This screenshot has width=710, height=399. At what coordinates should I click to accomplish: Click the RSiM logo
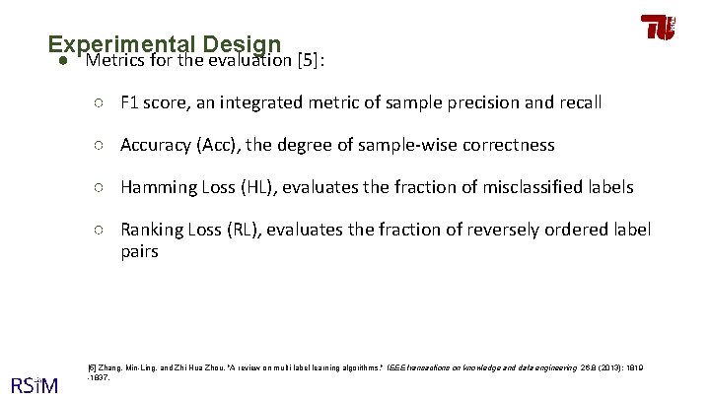coord(34,382)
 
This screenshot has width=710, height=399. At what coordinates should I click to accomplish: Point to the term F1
coord(133,102)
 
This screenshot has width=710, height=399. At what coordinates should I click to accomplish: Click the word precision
coord(515,102)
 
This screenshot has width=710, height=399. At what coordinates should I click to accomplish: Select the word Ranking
coord(152,230)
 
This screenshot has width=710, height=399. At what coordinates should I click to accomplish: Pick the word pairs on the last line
coord(139,251)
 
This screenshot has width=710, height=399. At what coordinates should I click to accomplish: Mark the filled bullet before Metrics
coord(61,62)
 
